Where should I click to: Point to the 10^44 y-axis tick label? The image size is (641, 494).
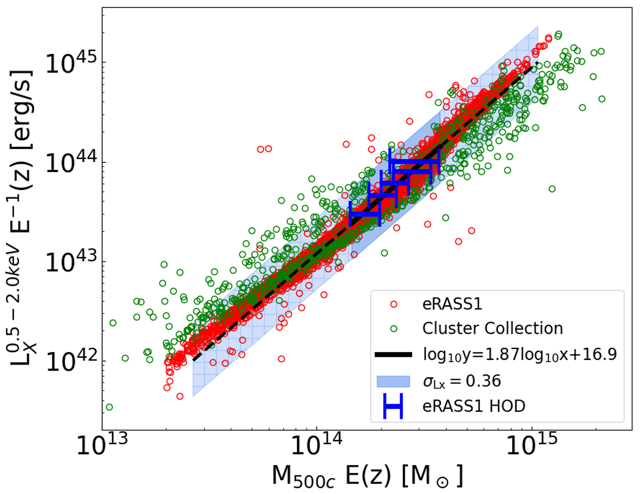70,164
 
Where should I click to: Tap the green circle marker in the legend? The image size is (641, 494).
394,328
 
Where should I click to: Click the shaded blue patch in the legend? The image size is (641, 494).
394,381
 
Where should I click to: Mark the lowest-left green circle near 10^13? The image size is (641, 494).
109,407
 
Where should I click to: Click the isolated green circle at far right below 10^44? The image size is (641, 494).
552,189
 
